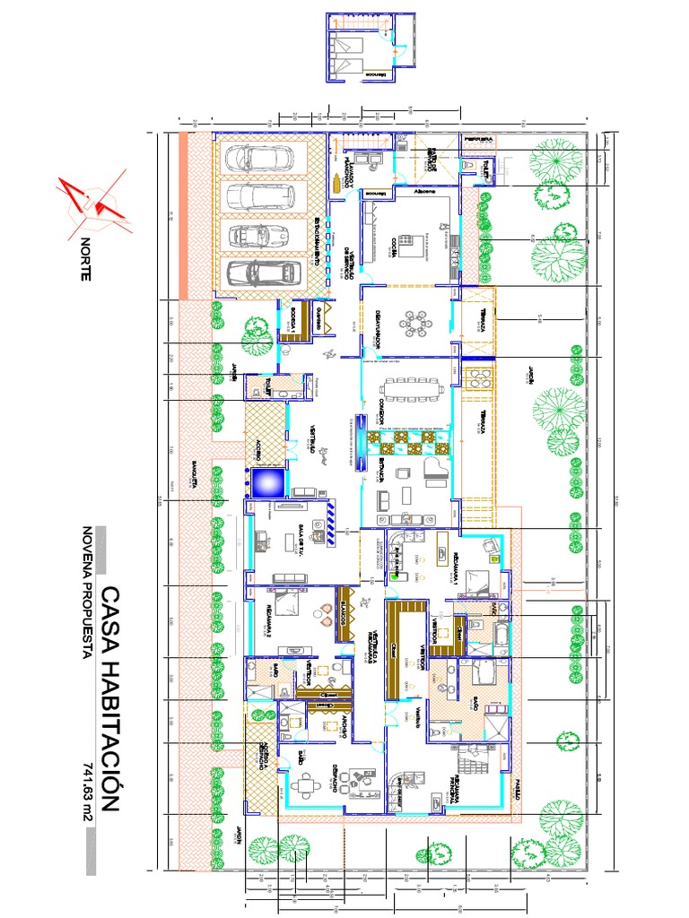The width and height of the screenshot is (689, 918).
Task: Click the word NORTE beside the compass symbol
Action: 85,261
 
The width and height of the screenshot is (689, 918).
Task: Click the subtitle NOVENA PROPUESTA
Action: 87,593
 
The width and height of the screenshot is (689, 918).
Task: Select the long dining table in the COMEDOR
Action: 412,387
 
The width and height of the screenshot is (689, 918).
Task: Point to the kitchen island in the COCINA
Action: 415,243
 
